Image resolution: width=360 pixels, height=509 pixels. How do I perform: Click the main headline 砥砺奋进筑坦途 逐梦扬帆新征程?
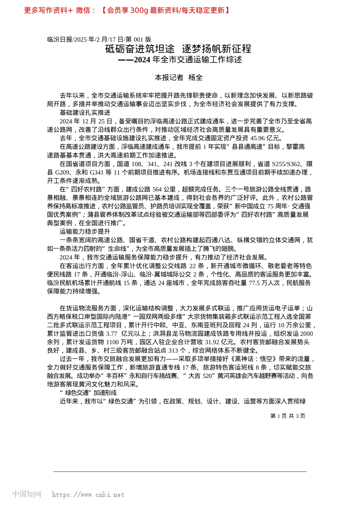point(178,49)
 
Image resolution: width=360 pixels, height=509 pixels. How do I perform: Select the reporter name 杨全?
point(196,78)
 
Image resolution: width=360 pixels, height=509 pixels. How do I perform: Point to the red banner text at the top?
point(127,11)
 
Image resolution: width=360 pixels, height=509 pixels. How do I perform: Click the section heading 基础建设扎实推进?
point(85,112)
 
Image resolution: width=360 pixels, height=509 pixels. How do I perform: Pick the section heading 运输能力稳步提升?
point(85,231)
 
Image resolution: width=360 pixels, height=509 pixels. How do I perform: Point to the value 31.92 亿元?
point(212,342)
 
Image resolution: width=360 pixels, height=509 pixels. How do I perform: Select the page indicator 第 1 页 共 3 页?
point(288,416)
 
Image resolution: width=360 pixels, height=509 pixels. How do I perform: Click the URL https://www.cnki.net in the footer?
point(88,495)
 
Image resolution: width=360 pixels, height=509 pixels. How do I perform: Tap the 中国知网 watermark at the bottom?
point(27,494)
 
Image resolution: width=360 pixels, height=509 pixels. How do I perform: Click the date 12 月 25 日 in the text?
point(97,121)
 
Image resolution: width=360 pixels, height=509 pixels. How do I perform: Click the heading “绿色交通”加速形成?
point(88,393)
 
